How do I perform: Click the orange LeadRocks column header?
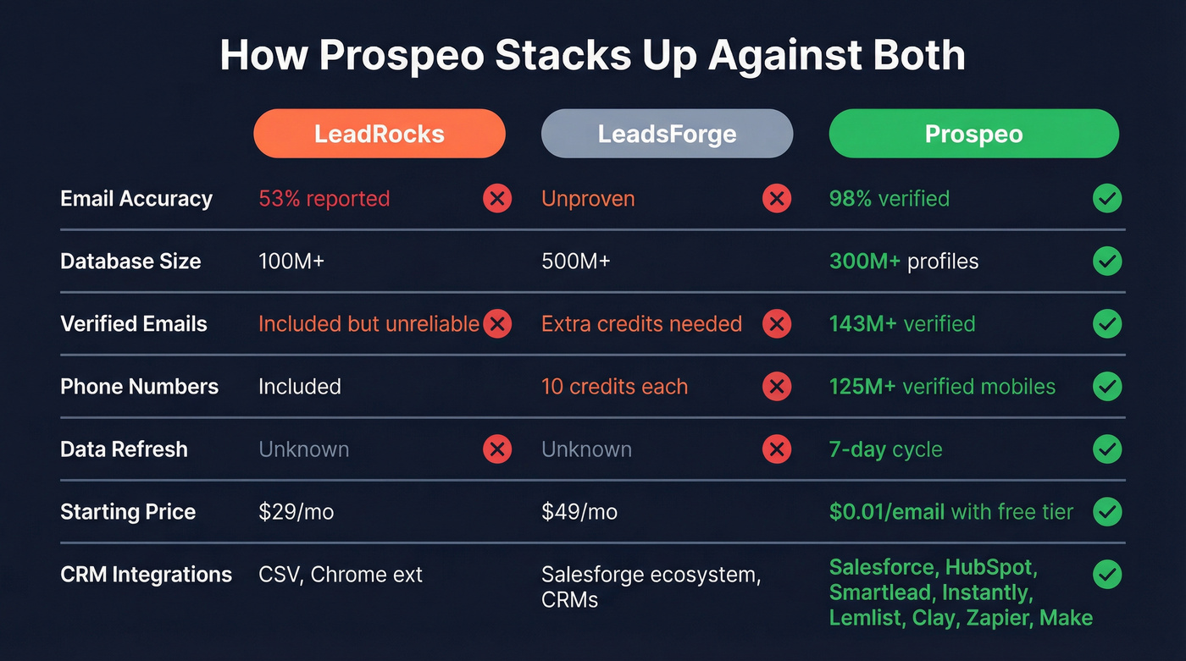pyautogui.click(x=379, y=134)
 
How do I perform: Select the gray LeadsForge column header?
pyautogui.click(x=667, y=134)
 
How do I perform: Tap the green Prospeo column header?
pyautogui.click(x=973, y=134)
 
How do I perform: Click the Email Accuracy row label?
pyautogui.click(x=136, y=199)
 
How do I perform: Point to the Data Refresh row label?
pyautogui.click(x=124, y=449)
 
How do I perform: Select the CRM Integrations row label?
pyautogui.click(x=146, y=575)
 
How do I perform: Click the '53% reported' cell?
pyautogui.click(x=324, y=199)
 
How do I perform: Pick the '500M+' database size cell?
pyautogui.click(x=575, y=262)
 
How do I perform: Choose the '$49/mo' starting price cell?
pyautogui.click(x=579, y=512)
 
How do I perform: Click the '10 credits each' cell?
pyautogui.click(x=614, y=387)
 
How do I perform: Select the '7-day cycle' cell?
pyautogui.click(x=885, y=449)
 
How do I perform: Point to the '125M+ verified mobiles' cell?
pyautogui.click(x=942, y=387)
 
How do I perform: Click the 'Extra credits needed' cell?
pyautogui.click(x=641, y=324)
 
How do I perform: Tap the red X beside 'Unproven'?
pyautogui.click(x=776, y=199)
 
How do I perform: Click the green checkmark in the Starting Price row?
pyautogui.click(x=1106, y=511)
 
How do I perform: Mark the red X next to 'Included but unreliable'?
pyautogui.click(x=497, y=324)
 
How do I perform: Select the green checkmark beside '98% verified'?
pyautogui.click(x=1106, y=199)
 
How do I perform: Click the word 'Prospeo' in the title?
pyautogui.click(x=402, y=56)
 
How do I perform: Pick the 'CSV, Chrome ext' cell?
pyautogui.click(x=340, y=575)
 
